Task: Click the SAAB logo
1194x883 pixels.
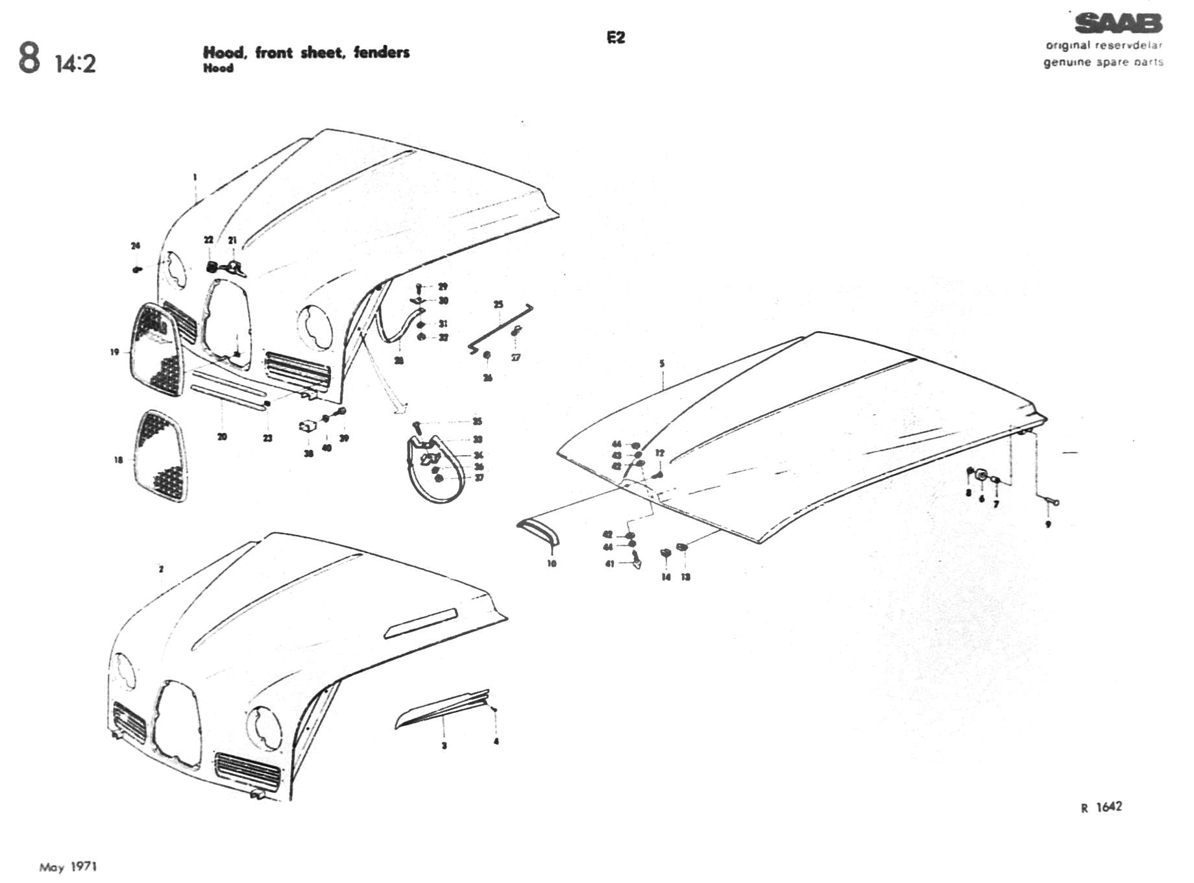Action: point(1118,24)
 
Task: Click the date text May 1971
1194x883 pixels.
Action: point(68,867)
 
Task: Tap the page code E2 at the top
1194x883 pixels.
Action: point(616,38)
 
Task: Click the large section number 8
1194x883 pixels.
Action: point(29,58)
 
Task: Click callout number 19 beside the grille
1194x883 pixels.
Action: point(115,352)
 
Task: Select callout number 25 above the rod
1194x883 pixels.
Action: point(498,305)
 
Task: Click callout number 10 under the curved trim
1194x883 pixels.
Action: point(552,564)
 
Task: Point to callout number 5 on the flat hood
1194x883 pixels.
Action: point(662,364)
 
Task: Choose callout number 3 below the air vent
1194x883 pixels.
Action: point(444,745)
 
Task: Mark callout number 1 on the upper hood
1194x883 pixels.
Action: point(195,177)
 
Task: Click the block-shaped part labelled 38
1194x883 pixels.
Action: point(307,427)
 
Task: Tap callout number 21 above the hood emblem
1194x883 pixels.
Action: point(232,240)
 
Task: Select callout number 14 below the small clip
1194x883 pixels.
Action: point(666,577)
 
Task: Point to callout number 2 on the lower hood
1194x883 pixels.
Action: point(161,569)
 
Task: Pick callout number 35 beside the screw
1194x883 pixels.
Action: point(478,421)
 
